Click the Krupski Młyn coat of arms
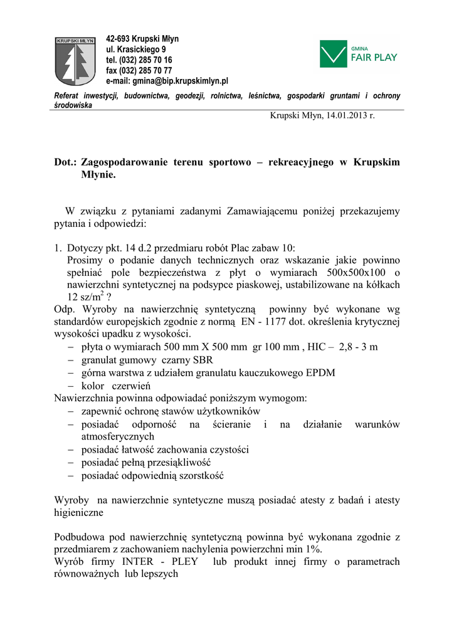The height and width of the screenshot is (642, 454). point(75,61)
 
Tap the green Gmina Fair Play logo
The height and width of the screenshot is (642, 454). point(359,54)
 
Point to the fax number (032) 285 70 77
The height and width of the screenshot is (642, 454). point(145,71)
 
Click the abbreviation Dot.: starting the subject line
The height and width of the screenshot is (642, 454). point(65,162)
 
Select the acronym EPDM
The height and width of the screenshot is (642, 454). point(320,372)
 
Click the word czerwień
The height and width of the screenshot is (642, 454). point(131,386)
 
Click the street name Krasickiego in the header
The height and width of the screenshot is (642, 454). point(139,50)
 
